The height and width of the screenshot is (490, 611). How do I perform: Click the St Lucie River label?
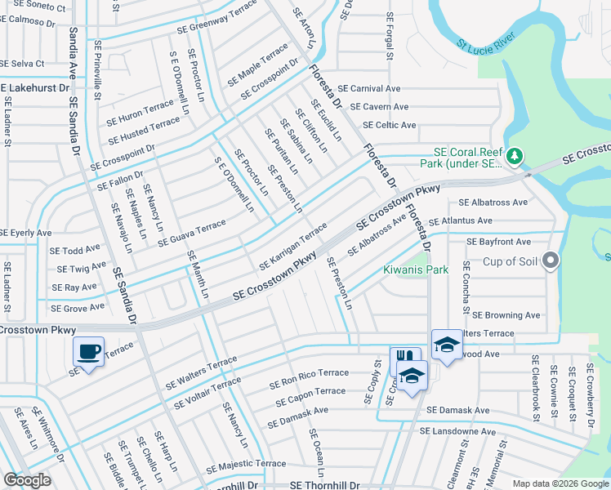click(x=487, y=54)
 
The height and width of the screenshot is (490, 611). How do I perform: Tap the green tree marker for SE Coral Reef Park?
click(x=515, y=155)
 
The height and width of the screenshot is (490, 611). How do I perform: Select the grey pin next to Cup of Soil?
click(x=551, y=261)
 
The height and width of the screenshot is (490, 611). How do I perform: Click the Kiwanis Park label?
click(x=416, y=269)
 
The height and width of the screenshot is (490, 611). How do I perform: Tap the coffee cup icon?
click(x=89, y=352)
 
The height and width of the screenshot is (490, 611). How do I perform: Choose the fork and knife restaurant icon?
click(x=404, y=359)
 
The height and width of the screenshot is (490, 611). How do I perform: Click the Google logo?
click(x=27, y=480)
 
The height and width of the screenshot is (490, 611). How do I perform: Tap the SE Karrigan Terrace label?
click(x=293, y=247)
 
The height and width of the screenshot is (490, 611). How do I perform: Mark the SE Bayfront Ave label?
click(x=498, y=243)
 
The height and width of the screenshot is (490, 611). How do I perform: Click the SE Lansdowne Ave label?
click(x=461, y=431)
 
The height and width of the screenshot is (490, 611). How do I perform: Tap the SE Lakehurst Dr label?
click(x=32, y=85)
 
